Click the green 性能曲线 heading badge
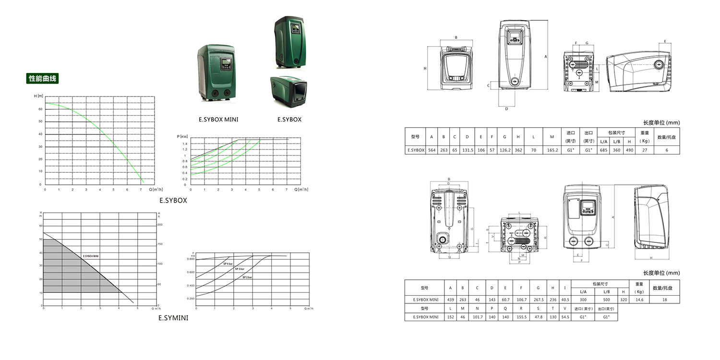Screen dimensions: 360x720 tap(42, 79)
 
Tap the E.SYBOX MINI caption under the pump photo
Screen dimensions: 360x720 tap(218, 120)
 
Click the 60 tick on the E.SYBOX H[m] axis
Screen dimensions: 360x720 tap(40, 109)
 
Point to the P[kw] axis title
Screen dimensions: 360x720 tap(183, 137)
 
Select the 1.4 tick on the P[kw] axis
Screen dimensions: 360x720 tap(184, 144)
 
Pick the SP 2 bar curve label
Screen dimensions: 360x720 tap(247, 277)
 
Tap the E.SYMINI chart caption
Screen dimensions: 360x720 tap(173, 317)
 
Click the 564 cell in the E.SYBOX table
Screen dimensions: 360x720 tap(432, 150)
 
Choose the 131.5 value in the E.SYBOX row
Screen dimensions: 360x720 tap(468, 150)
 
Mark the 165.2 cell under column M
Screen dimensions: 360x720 tap(552, 150)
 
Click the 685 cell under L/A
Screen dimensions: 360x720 tap(603, 150)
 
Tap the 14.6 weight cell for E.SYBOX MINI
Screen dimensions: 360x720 tap(639, 300)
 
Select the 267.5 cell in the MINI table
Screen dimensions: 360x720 tap(538, 300)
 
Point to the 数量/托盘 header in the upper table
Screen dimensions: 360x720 tap(667, 137)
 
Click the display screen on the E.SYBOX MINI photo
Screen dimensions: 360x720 tap(226, 63)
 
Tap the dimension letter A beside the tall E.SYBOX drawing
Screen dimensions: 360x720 tap(546, 57)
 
